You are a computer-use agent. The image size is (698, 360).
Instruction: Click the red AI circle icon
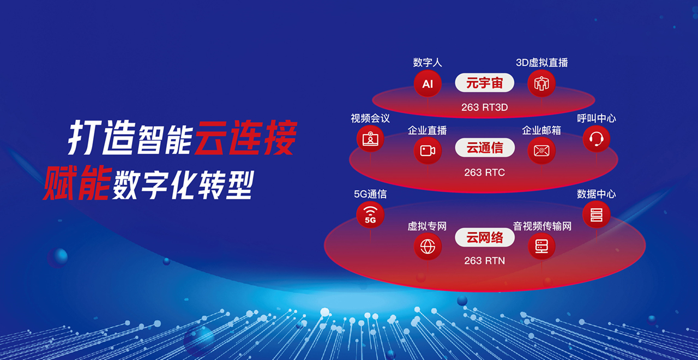[x=428, y=83]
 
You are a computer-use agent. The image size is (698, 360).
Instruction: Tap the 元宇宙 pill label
[x=485, y=82]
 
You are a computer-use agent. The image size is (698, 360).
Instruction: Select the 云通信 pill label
[x=485, y=147]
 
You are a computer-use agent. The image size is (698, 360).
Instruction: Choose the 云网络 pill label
[x=485, y=237]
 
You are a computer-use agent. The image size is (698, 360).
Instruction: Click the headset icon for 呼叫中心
[x=597, y=139]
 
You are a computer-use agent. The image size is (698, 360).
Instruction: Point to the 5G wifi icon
[x=370, y=215]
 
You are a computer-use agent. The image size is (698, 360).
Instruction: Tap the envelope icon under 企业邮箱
[x=541, y=151]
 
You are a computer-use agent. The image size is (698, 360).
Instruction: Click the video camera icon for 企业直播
[x=428, y=151]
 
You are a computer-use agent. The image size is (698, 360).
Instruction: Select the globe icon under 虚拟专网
[x=428, y=247]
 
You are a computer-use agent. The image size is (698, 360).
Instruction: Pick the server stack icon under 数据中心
[x=597, y=215]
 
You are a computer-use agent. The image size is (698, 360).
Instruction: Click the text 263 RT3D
[x=485, y=107]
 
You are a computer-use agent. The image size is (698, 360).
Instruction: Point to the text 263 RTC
[x=485, y=172]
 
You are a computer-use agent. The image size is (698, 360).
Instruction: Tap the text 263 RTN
[x=485, y=261]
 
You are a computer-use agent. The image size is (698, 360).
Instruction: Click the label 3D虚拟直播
[x=542, y=63]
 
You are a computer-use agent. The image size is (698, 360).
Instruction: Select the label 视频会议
[x=370, y=118]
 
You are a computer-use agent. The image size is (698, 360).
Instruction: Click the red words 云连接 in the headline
[x=245, y=137]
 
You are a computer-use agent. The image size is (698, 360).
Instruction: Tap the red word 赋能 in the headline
[x=77, y=182]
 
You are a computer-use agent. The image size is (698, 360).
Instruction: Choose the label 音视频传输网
[x=542, y=226]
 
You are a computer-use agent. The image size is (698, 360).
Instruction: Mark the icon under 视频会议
[x=370, y=139]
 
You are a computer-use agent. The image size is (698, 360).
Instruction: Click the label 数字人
[x=428, y=63]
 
